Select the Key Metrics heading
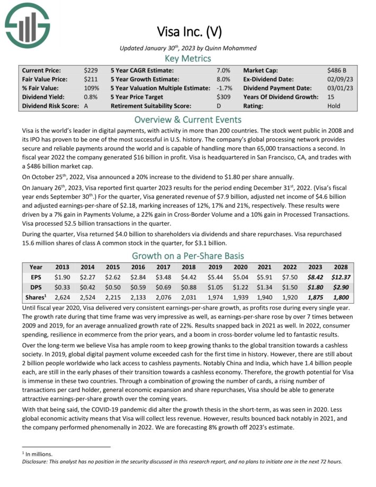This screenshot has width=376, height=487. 188,58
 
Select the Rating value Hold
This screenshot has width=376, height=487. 334,106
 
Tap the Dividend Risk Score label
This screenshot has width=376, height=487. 50,106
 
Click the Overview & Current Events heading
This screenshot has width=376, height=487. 188,119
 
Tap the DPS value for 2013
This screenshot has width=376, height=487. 62,287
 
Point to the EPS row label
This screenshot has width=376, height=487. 36,277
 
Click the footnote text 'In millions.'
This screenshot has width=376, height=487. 40,454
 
